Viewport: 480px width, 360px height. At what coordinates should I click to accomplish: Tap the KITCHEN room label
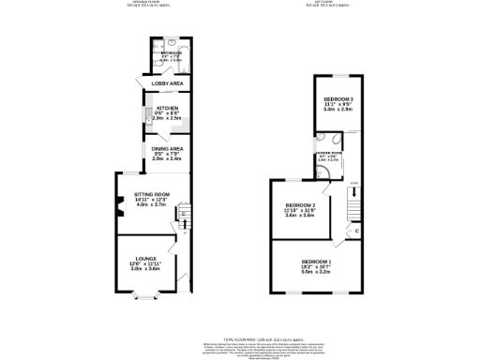pyautogui.click(x=154, y=109)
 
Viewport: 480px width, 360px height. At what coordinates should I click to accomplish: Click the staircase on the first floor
pyautogui.click(x=353, y=201)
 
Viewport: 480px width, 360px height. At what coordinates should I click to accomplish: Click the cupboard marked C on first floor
pyautogui.click(x=357, y=230)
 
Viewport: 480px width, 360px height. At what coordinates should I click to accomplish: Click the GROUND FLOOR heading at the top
pyautogui.click(x=142, y=4)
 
